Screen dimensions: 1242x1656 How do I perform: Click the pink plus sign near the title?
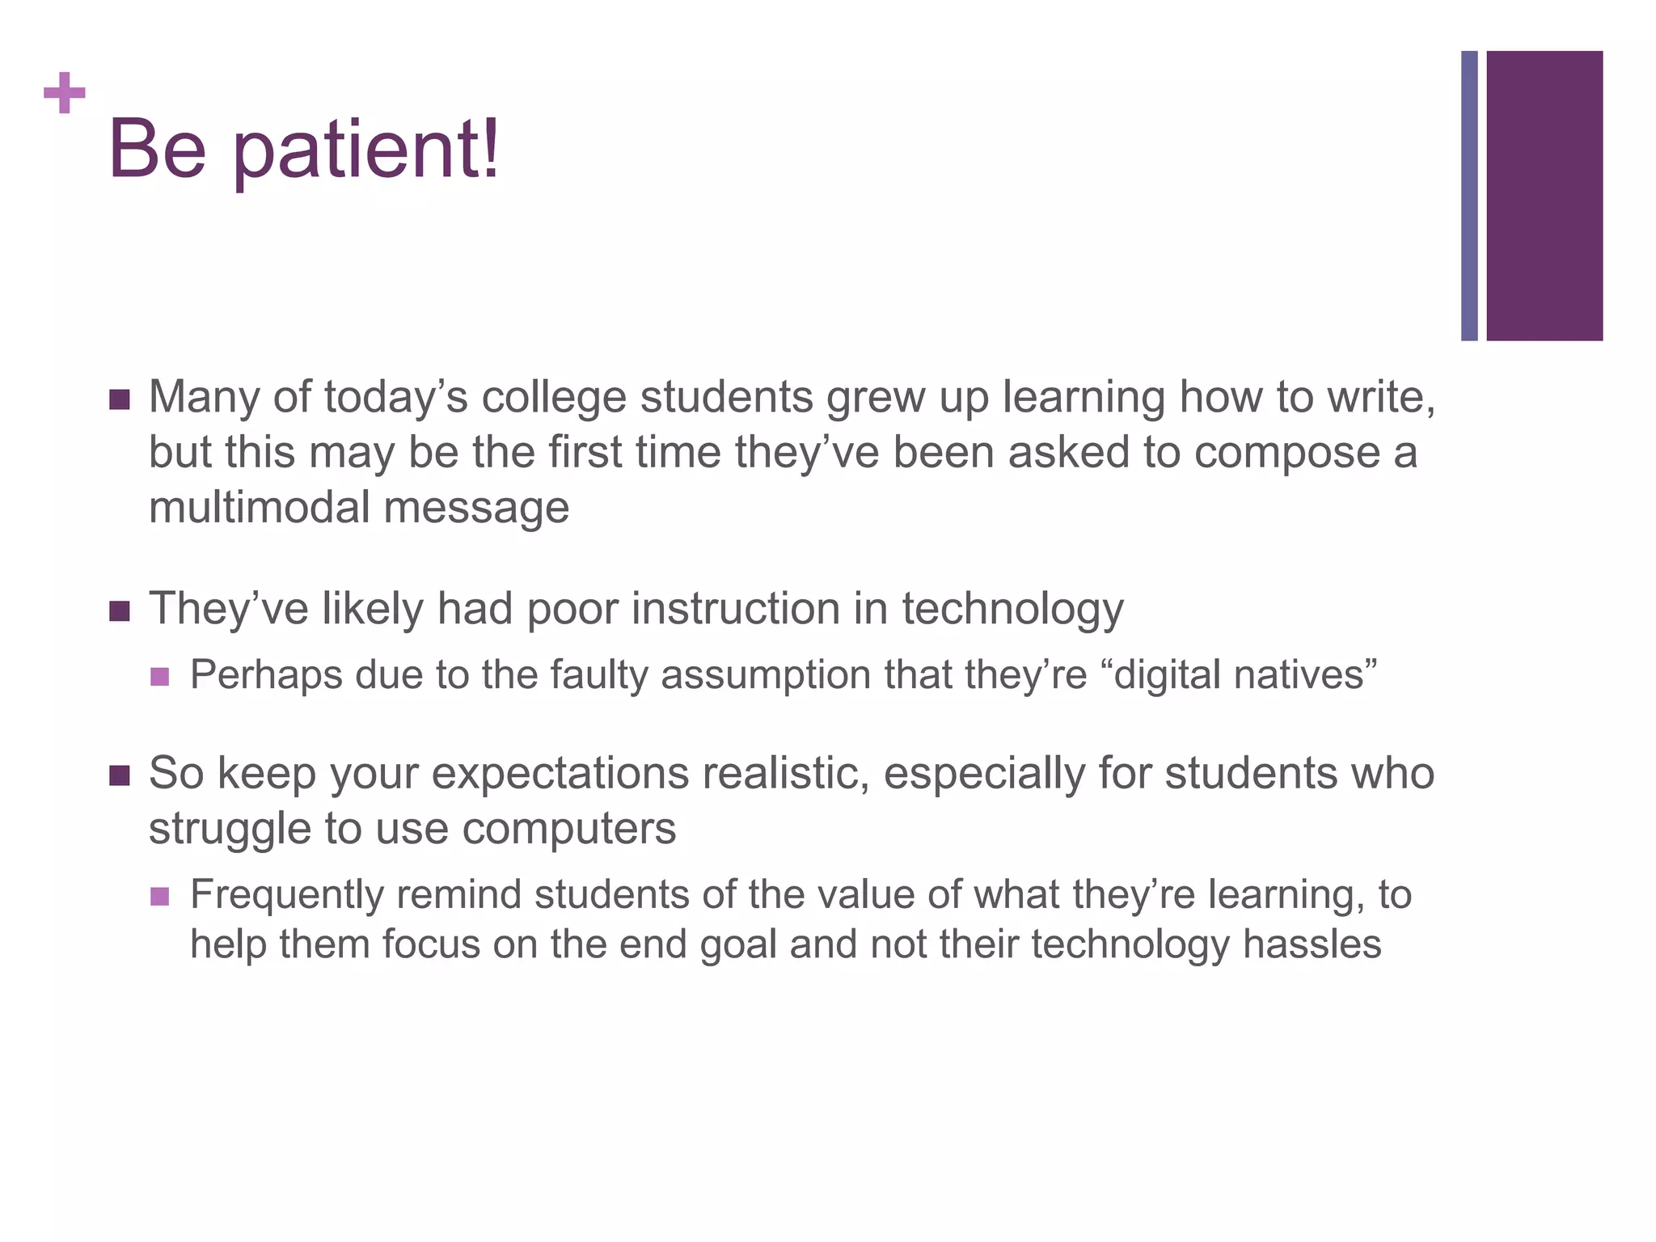coord(65,94)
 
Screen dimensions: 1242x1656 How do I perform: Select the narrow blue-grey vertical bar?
coord(1469,196)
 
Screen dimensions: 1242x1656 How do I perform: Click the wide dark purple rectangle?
coord(1544,196)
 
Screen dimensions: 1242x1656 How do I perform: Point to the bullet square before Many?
coord(119,399)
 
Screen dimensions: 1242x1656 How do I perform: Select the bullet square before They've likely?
coord(119,611)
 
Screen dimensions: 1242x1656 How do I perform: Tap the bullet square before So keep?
coord(119,776)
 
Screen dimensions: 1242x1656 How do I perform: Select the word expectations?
coord(560,775)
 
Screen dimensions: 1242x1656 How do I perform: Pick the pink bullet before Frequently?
coord(160,896)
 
